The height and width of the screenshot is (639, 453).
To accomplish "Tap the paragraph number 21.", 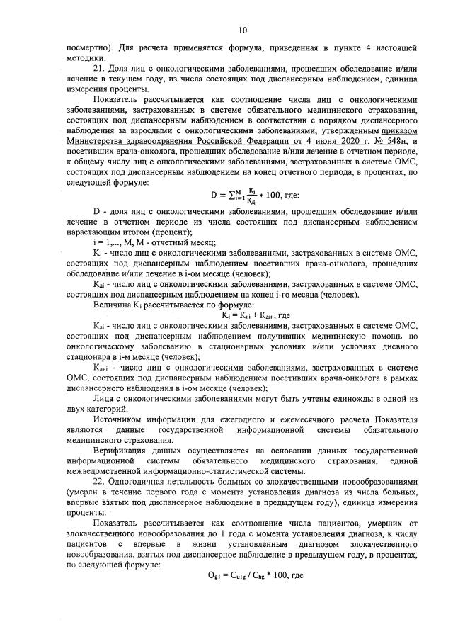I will [x=99, y=66].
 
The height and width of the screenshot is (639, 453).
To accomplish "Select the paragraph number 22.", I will [x=99, y=480].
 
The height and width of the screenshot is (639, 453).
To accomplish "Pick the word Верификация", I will [x=121, y=451].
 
